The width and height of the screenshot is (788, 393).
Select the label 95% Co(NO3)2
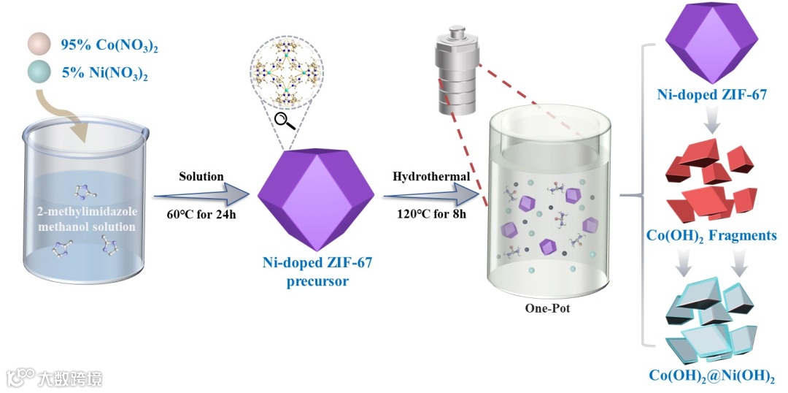[109, 46]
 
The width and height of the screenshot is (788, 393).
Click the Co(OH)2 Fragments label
[711, 236]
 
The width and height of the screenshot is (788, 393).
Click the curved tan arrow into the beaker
[70, 117]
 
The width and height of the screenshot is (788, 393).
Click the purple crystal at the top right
[711, 44]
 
